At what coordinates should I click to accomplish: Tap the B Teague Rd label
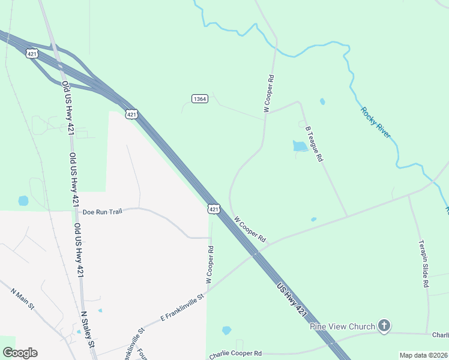[x=314, y=144]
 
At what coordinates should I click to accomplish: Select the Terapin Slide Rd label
[x=423, y=263]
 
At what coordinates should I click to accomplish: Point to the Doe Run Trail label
[x=103, y=212]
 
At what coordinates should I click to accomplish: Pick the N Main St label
[x=22, y=298]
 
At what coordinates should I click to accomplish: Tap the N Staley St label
[x=88, y=329]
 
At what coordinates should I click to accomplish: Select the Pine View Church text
[x=342, y=326]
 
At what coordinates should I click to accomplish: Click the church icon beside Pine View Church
[x=384, y=326]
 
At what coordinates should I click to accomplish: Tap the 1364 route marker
[x=200, y=98]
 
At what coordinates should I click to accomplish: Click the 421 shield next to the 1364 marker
[x=132, y=113]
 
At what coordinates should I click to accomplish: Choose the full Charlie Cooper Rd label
[x=235, y=355]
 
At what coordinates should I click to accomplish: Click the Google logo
[x=20, y=353]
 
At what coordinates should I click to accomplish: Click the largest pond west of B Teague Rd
[x=300, y=146]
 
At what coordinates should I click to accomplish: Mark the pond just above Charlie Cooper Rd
[x=226, y=330]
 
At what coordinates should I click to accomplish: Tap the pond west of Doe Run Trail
[x=23, y=200]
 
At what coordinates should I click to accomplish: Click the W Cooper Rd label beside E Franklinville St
[x=210, y=264]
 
